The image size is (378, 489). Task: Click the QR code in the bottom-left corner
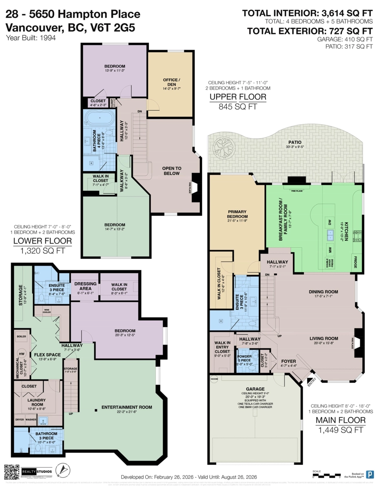pos(11,471)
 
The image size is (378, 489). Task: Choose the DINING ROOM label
pos(323,292)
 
